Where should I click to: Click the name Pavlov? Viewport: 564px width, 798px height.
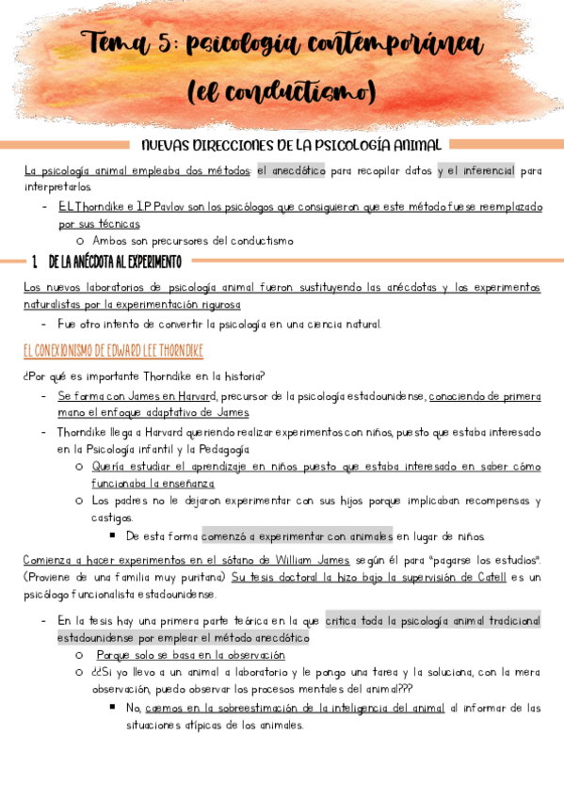point(165,205)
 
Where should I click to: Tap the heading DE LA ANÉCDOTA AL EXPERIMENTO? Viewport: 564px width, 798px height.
point(120,261)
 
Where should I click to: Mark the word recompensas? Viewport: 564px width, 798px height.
point(487,501)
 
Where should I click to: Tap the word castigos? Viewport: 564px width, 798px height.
point(113,518)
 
